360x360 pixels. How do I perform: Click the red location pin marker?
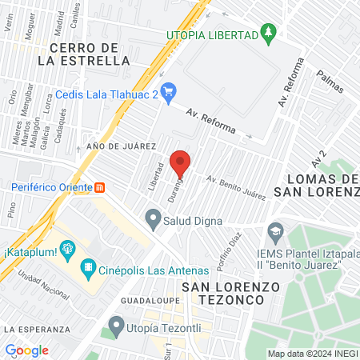tap(182, 163)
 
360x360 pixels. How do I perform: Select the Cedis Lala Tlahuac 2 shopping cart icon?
tap(168, 94)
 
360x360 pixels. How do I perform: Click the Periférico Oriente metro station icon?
tap(100, 188)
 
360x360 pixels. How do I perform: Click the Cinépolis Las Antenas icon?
tap(88, 269)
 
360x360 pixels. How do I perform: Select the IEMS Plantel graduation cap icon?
tap(276, 232)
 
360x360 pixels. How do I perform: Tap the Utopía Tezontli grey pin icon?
tap(117, 325)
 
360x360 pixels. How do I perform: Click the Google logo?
tap(27, 350)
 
